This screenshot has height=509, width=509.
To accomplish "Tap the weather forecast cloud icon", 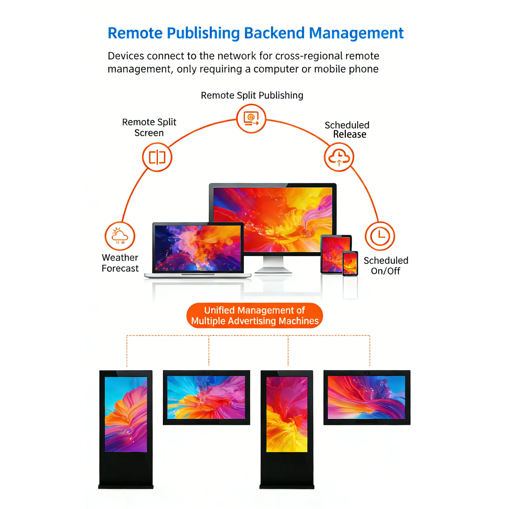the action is click(x=120, y=236).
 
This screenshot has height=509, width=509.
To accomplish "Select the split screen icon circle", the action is click(x=157, y=157).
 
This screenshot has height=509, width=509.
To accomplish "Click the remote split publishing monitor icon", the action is click(x=251, y=119).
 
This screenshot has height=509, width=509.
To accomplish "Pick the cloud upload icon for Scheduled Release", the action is click(x=339, y=157).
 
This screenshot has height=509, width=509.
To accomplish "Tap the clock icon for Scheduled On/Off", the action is click(x=380, y=236).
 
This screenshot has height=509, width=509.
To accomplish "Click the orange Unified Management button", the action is click(x=254, y=315).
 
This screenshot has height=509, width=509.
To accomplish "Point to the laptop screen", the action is click(x=198, y=248).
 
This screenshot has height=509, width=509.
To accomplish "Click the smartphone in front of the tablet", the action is click(x=350, y=263).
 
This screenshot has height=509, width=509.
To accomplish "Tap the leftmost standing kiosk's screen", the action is click(x=126, y=414).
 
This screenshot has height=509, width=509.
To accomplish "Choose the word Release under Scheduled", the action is click(x=350, y=134).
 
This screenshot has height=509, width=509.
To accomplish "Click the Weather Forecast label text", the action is click(x=120, y=263).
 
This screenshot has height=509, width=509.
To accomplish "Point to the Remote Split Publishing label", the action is click(x=252, y=95).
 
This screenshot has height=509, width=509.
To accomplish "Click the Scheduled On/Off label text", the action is click(x=386, y=266).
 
